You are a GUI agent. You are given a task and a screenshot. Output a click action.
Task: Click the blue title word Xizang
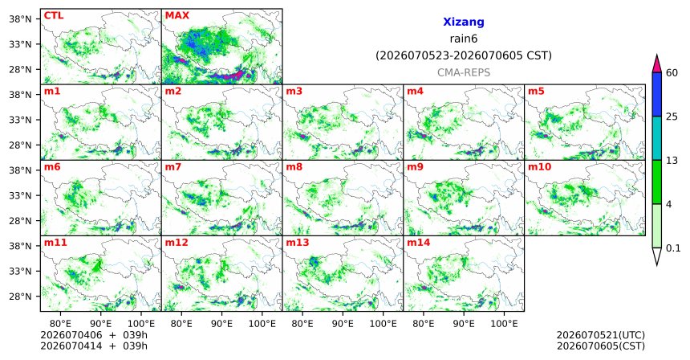464,22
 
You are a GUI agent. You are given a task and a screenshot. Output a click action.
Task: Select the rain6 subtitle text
464,39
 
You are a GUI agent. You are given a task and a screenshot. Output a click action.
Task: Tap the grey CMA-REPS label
464,72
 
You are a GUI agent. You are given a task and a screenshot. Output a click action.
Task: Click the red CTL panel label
54,15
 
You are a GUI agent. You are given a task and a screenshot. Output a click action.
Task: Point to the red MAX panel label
177,15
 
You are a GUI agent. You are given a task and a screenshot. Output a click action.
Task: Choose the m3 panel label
294,92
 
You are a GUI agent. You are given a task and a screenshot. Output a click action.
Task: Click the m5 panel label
537,92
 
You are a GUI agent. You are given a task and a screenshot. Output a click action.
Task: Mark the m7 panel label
173,167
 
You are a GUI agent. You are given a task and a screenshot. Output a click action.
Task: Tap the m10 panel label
539,167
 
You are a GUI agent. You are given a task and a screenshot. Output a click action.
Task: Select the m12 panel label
177,243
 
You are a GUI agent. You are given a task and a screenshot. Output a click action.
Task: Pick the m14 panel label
419,243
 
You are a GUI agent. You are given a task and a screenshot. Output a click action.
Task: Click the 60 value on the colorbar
672,72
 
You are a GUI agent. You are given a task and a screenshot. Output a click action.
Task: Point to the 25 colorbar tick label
672,117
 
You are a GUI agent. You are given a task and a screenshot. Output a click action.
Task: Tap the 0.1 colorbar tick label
673,248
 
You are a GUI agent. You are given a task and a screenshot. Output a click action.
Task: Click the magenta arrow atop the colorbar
656,64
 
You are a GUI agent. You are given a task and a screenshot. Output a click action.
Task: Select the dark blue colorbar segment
656,94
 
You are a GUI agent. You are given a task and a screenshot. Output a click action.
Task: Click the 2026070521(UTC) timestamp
601,336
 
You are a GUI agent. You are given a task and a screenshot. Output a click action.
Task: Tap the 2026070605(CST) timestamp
601,346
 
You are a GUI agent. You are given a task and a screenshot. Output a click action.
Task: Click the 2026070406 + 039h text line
94,335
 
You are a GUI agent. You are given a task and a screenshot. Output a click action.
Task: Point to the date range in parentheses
464,56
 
